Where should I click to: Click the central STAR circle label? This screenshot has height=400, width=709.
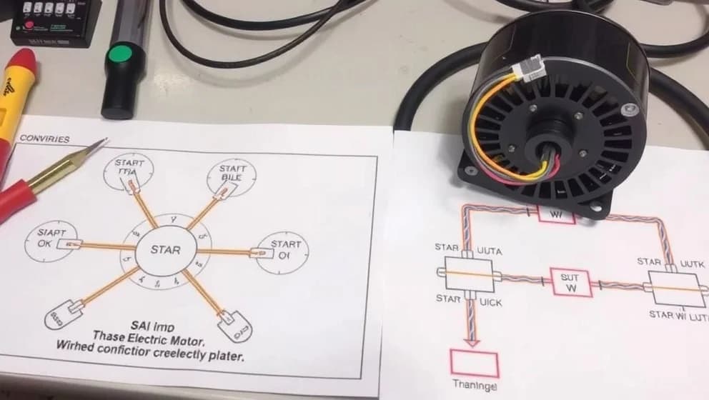165,250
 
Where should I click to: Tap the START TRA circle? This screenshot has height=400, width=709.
130,172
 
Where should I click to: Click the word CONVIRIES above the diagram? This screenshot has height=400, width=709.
45,139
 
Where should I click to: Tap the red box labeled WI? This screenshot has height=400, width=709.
556,214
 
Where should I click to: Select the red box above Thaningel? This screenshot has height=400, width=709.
474,364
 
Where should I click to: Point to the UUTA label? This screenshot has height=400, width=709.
489,251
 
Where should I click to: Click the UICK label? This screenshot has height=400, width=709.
490,303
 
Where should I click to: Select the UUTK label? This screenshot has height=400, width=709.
691,264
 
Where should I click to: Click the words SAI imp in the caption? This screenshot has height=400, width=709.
147,326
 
